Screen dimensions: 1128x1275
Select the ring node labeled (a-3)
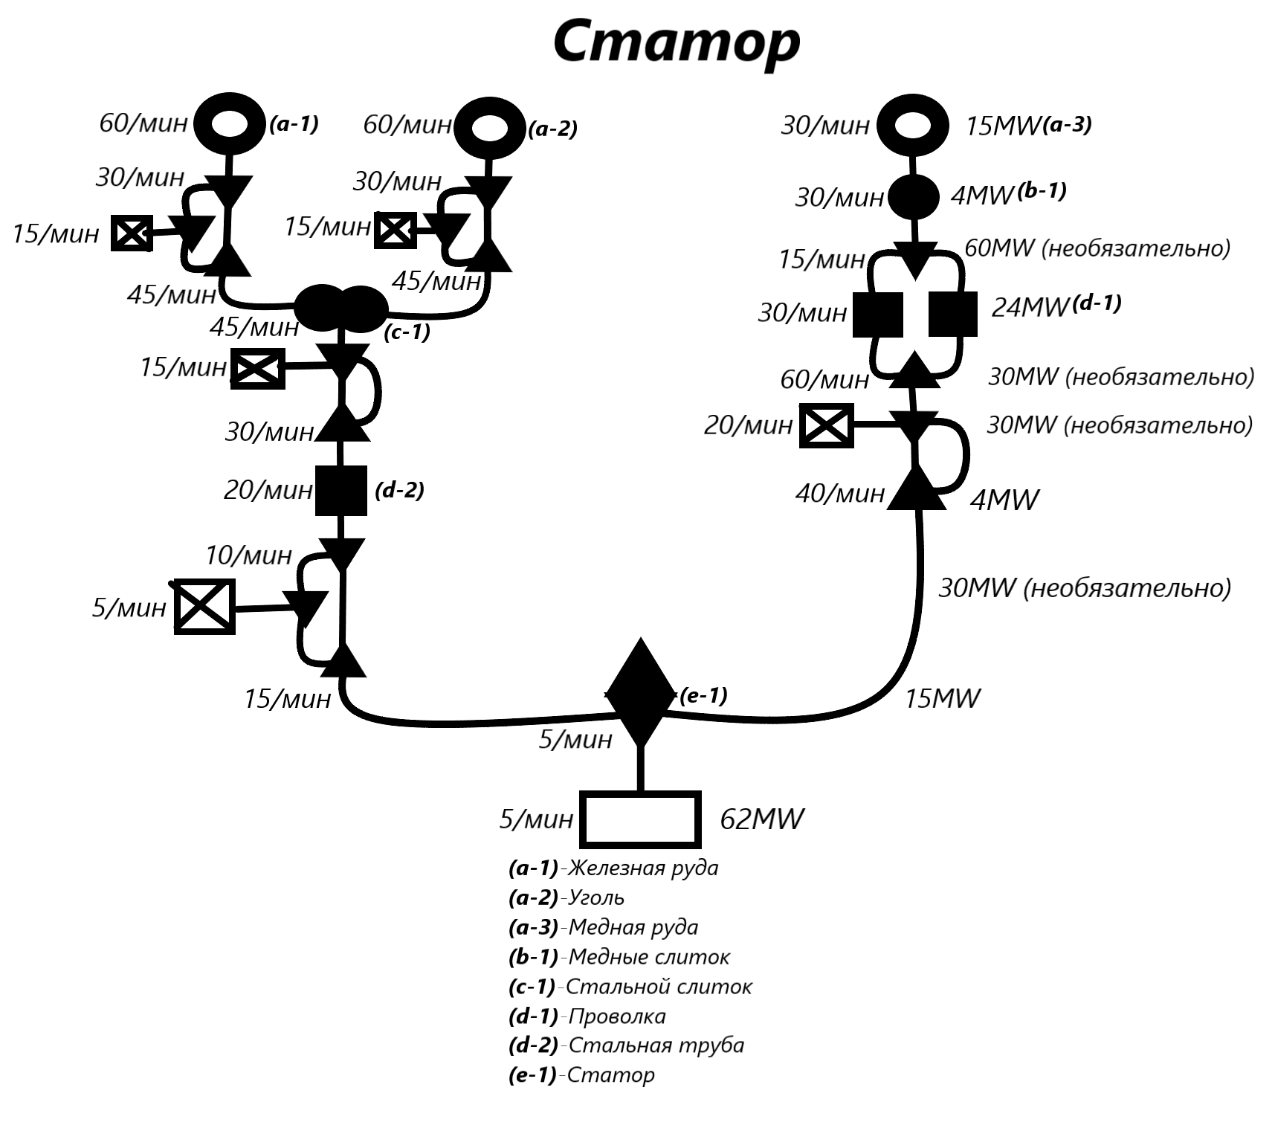point(913,126)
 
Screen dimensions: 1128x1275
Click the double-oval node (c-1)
point(341,308)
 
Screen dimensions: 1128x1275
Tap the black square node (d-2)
point(341,491)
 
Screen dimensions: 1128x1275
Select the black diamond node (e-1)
point(641,692)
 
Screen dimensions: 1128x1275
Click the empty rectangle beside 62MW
point(641,819)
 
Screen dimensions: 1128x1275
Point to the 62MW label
point(762,819)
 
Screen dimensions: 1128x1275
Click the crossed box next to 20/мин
point(827,425)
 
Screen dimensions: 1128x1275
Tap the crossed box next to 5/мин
point(204,607)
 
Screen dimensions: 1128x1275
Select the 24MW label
point(1030,307)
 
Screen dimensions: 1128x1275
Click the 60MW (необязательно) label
point(1097,248)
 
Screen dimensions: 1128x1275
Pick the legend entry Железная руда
point(643,868)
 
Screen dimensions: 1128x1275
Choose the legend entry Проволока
point(617,1016)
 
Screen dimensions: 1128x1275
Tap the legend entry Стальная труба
point(656,1045)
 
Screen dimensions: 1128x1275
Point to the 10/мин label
point(248,555)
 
